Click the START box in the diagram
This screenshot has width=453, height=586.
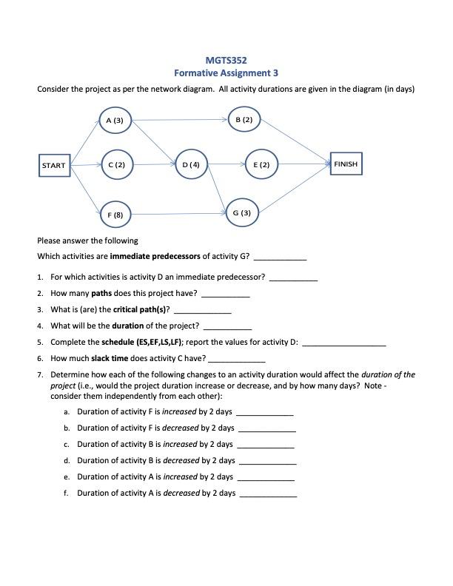click(54, 165)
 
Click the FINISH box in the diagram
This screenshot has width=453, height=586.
click(346, 164)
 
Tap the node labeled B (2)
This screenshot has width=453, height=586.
click(244, 119)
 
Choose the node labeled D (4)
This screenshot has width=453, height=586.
click(191, 164)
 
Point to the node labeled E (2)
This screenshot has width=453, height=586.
click(261, 164)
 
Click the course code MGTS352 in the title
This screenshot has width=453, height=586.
click(226, 60)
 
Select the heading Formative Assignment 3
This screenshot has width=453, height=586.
click(226, 73)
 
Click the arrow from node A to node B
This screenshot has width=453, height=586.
click(180, 118)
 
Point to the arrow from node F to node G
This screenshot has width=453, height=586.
click(180, 214)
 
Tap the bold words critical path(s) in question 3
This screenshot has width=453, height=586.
click(141, 309)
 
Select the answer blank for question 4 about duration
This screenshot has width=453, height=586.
click(227, 326)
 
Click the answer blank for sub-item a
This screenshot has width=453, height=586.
click(265, 412)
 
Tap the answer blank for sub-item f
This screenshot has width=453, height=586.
click(268, 494)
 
